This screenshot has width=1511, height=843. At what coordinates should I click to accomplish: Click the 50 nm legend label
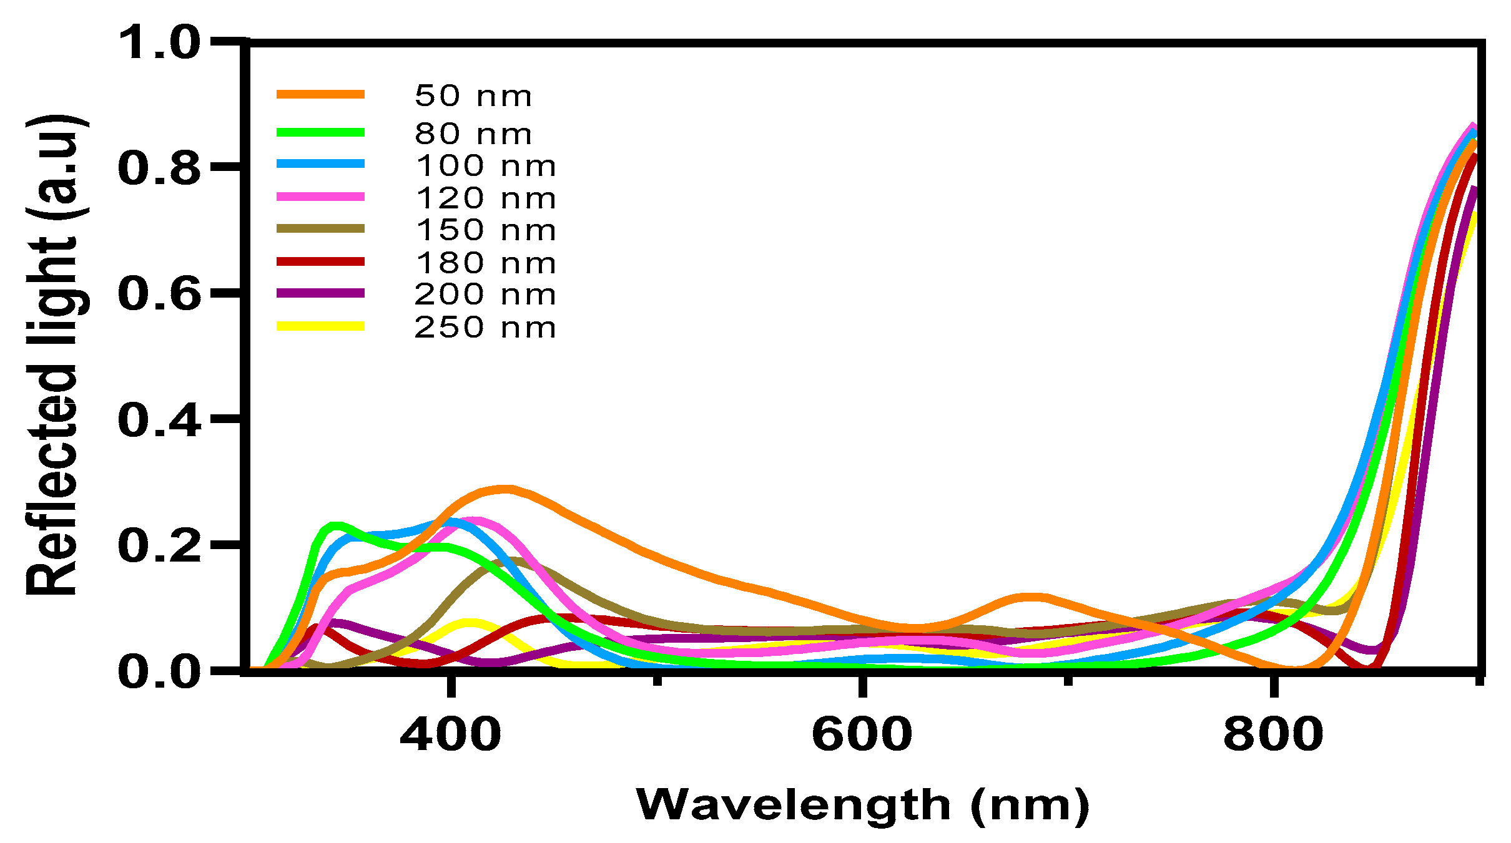pos(473,96)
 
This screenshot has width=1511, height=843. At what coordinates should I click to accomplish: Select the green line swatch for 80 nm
pos(320,132)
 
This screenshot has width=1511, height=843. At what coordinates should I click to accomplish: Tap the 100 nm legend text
pos(485,166)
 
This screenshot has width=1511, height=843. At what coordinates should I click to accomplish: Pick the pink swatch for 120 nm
pos(320,197)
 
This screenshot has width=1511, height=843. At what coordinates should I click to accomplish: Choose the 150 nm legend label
pos(485,230)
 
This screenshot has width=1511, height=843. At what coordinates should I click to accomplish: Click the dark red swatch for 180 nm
pos(320,261)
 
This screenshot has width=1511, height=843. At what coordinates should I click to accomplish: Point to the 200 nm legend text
pos(485,295)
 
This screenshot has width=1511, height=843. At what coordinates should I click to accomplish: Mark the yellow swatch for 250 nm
pos(320,326)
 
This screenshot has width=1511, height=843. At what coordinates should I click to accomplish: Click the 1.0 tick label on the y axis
pos(159,43)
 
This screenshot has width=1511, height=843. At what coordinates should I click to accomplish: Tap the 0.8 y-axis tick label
pos(159,168)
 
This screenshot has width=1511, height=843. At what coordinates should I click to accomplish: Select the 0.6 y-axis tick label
pos(159,294)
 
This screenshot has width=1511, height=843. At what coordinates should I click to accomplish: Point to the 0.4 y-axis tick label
pos(159,420)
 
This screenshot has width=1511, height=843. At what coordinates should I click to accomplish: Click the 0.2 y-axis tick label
pos(159,545)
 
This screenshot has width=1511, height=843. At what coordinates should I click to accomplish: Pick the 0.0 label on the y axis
pos(159,672)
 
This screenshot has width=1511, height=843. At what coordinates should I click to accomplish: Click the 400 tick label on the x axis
pos(450,734)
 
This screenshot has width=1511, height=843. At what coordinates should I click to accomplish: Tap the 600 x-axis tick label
pos(862,734)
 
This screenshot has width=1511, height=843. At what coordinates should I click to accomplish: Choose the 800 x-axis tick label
pos(1273,734)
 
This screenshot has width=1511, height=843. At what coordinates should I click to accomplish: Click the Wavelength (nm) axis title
pos(862,806)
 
